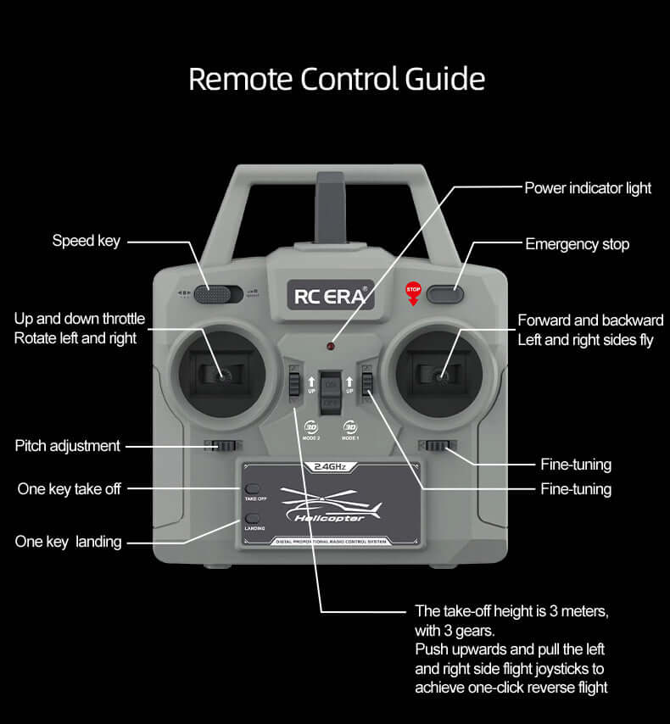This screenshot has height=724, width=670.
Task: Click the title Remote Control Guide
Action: click(336, 79)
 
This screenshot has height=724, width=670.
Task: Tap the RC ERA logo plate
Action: click(330, 296)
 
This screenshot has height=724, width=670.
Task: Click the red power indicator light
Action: click(332, 348)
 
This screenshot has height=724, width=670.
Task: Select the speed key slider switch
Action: click(213, 294)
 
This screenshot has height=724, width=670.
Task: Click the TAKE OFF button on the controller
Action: click(252, 489)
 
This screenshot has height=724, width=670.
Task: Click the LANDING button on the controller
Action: click(252, 518)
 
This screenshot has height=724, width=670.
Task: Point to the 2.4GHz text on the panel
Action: click(330, 466)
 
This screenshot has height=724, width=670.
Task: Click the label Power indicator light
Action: click(588, 187)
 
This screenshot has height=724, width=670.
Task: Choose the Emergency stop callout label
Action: click(577, 244)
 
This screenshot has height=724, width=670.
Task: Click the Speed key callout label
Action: click(86, 241)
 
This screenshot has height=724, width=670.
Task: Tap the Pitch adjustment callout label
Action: click(68, 446)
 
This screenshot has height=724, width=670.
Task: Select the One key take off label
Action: click(69, 489)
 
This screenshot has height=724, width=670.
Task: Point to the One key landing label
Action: click(68, 541)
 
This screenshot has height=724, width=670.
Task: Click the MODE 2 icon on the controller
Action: click(311, 430)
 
